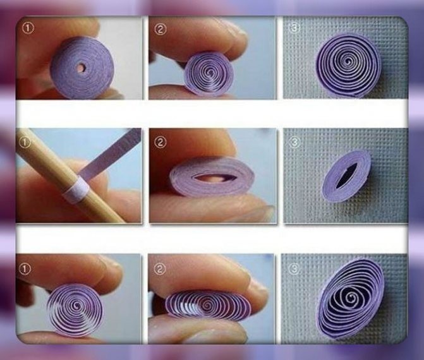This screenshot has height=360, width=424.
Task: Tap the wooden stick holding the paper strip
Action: (x=68, y=176)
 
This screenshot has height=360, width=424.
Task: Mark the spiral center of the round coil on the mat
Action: (x=349, y=62)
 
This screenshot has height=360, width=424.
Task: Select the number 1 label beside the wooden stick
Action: (x=25, y=143)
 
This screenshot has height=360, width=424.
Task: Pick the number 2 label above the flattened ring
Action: (x=160, y=143)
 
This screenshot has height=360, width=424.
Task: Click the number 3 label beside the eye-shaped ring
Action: (x=294, y=142)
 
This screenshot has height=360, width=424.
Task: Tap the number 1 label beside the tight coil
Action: (x=28, y=28)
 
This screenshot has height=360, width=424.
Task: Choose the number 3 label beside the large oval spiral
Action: (x=294, y=268)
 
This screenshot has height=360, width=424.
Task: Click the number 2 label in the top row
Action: (x=160, y=29)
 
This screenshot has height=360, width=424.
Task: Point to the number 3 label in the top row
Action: (x=294, y=28)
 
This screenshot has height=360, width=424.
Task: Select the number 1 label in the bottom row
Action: (x=25, y=269)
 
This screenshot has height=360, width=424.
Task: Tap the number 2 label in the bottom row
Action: (x=160, y=268)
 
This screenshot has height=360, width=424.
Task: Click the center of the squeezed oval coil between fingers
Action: (x=208, y=305)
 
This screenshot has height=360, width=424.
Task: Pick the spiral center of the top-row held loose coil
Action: (x=210, y=72)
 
